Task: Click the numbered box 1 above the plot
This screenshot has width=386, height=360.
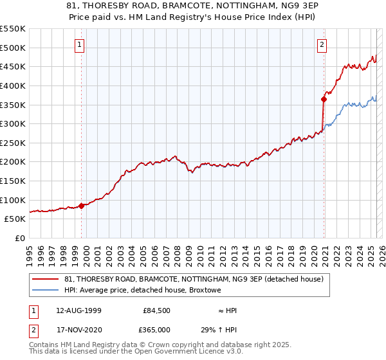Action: tap(78, 45)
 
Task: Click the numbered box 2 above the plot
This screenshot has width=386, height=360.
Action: tap(321, 45)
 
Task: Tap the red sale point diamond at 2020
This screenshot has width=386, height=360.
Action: tap(324, 99)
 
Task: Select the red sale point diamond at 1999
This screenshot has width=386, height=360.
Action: tap(82, 206)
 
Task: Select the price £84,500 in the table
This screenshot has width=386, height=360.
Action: tap(156, 310)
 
